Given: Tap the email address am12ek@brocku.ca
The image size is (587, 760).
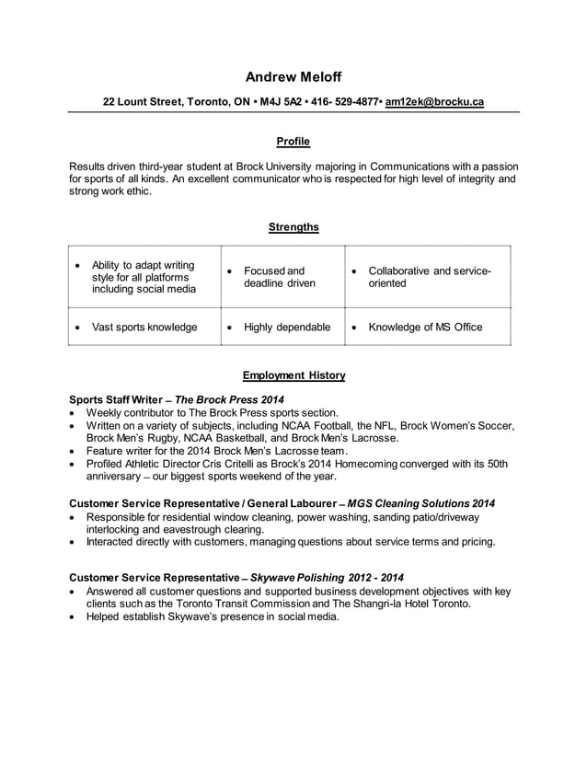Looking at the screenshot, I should pos(434,101).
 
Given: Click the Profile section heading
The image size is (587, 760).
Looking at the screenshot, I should pos(293,142).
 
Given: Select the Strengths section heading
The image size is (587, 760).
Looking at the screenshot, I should pos(293,226).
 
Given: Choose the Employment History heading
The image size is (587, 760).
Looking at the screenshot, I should pos(293,375).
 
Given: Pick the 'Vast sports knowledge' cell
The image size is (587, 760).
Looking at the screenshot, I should pos(144,327).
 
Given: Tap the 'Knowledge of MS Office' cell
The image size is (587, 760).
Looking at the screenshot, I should pos(425,327).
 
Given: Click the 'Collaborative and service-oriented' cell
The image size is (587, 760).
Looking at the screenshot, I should pos(429,277).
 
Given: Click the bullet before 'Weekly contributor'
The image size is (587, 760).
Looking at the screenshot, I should pos(74,413).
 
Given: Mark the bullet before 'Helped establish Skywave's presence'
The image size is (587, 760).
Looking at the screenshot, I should pos(74,617).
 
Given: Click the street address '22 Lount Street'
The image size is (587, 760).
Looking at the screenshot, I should pos(143,101).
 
